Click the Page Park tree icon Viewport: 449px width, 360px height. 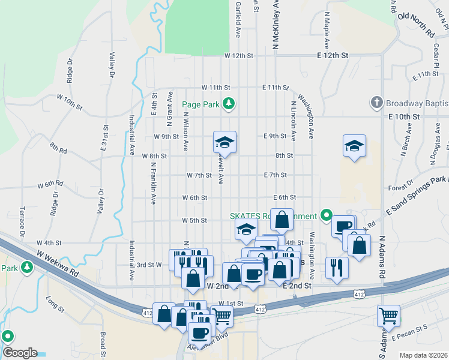[228, 104]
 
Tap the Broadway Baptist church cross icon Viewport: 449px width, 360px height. [376, 103]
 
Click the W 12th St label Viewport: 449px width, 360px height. [240, 55]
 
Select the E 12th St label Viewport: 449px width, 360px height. [333, 55]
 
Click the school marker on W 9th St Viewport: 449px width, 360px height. [225, 143]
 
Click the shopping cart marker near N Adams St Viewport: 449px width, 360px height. [388, 313]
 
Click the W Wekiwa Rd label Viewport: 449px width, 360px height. [58, 263]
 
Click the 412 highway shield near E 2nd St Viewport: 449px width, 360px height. [260, 309]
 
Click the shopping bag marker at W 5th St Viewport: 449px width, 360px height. [282, 220]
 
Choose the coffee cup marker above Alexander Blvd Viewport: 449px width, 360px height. [199, 331]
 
